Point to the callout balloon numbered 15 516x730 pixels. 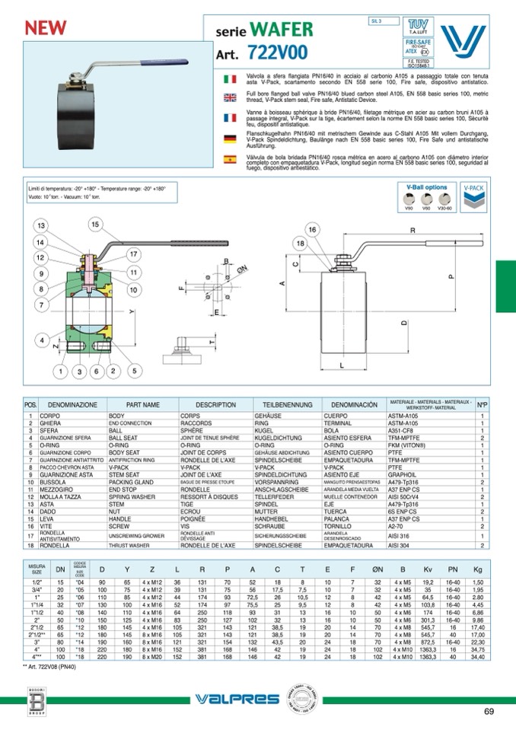[95, 225]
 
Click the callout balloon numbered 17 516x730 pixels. [133, 254]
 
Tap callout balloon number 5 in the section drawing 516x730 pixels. [134, 371]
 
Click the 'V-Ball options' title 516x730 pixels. [428, 186]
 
